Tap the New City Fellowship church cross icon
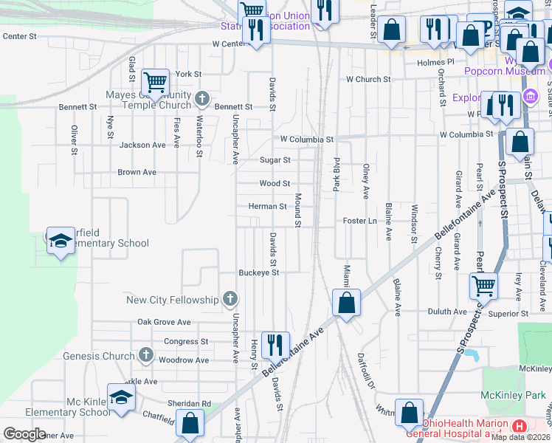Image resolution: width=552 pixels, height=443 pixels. tap(230, 299)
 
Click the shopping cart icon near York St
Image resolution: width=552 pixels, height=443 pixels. tap(155, 81)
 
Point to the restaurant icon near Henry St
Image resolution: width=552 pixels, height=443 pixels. tap(275, 343)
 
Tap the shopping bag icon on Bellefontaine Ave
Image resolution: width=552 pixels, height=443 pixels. tap(346, 302)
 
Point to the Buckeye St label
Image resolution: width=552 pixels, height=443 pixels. tap(259, 272)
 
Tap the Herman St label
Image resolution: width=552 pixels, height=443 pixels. tap(267, 207)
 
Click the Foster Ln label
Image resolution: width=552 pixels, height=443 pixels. tap(359, 221)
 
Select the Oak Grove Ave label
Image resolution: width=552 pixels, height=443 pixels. tap(164, 323)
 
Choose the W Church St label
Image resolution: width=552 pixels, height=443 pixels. tap(369, 79)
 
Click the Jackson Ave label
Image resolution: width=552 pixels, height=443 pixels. tap(143, 145)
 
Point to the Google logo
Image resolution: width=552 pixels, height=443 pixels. tap(25, 433)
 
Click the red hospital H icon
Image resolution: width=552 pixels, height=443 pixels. tap(519, 427)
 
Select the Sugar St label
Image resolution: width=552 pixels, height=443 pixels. tap(275, 159)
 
